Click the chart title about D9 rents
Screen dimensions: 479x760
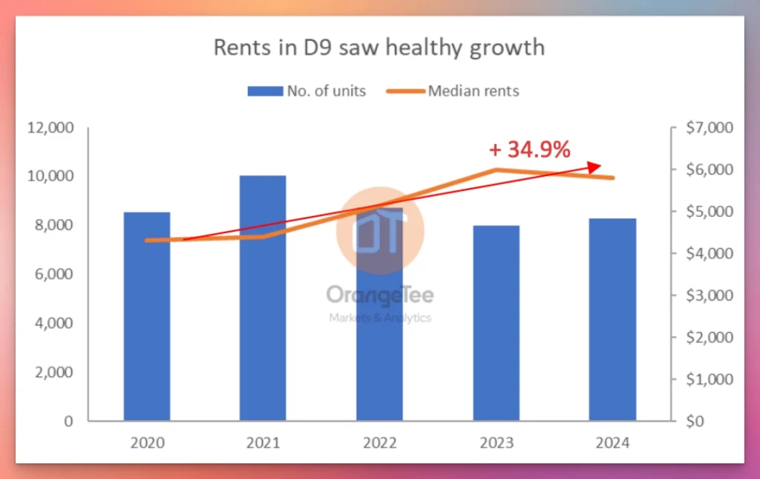pos(379,48)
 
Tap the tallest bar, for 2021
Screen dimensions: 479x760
pos(263,298)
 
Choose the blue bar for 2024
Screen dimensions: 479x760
pos(612,319)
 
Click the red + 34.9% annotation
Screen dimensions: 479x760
pos(529,150)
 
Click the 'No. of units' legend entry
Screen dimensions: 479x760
pos(306,91)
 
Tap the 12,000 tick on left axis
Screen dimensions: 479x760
pos(50,128)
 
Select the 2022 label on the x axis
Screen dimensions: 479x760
pos(379,443)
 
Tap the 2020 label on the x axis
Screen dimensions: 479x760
pos(147,443)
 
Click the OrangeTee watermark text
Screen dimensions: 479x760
pos(379,294)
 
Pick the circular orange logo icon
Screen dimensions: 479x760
pos(379,230)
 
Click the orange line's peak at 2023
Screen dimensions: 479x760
pos(496,170)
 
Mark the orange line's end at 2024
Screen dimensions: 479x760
pos(612,177)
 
